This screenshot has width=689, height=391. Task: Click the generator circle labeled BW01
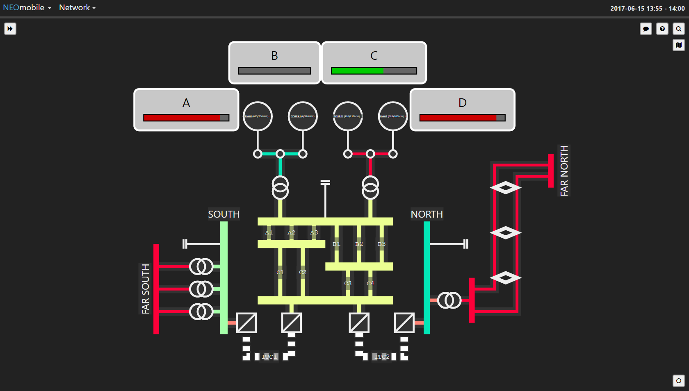pyautogui.click(x=258, y=116)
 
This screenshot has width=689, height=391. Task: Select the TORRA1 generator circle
pyautogui.click(x=303, y=116)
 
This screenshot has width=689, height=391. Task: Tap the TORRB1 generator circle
pyautogui.click(x=348, y=116)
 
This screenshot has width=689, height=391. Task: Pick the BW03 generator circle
pyautogui.click(x=393, y=116)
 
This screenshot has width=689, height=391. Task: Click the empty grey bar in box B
pyautogui.click(x=274, y=71)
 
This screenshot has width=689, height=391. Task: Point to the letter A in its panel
pyautogui.click(x=186, y=103)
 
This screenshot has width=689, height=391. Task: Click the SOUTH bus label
pyautogui.click(x=224, y=214)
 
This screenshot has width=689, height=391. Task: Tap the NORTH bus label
pyautogui.click(x=427, y=214)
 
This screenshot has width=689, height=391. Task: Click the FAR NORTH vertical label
pyautogui.click(x=564, y=171)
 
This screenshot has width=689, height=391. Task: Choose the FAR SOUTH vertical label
pyautogui.click(x=146, y=289)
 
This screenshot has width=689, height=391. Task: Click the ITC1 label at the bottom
pyautogui.click(x=269, y=357)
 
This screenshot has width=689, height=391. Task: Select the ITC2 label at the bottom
pyautogui.click(x=381, y=357)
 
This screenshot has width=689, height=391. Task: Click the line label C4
pyautogui.click(x=370, y=283)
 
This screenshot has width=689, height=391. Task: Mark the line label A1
pyautogui.click(x=269, y=232)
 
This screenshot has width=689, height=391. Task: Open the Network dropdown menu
pyautogui.click(x=77, y=8)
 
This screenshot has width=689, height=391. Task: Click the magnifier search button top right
pyautogui.click(x=679, y=29)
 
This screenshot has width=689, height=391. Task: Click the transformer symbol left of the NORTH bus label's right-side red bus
pyautogui.click(x=449, y=300)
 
